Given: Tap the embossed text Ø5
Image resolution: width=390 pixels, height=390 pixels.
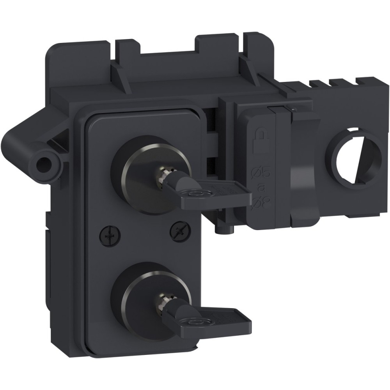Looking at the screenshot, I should pyautogui.click(x=260, y=172).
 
